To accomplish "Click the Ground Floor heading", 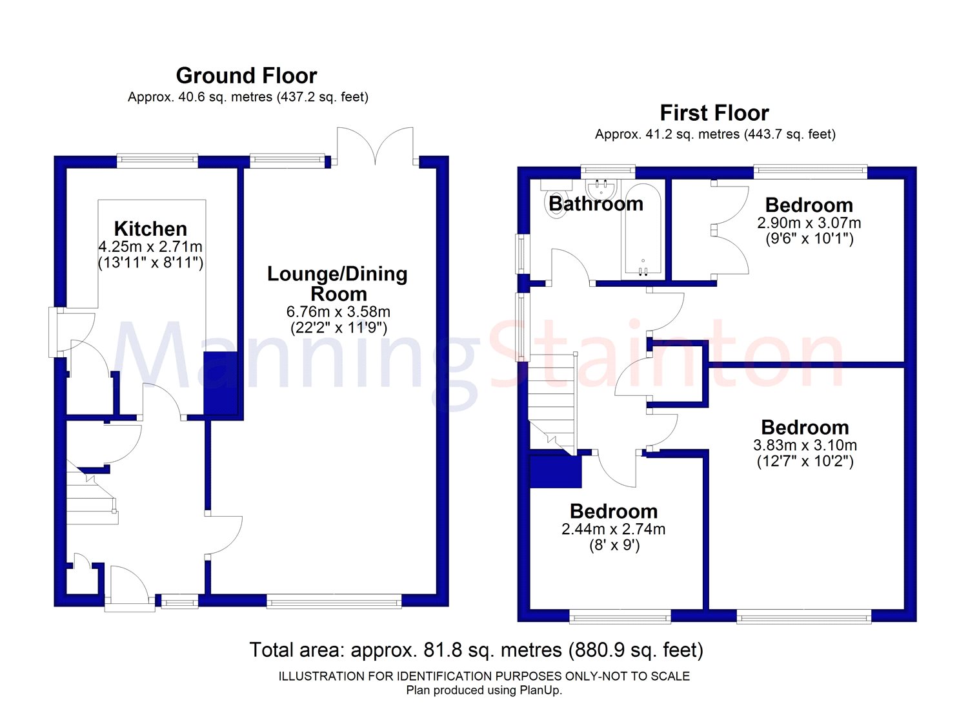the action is pyautogui.click(x=247, y=76).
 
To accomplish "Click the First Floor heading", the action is pyautogui.click(x=714, y=113).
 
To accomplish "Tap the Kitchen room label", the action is pyautogui.click(x=150, y=229).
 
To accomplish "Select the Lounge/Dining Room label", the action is pyautogui.click(x=338, y=284).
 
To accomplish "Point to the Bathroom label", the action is pyautogui.click(x=596, y=203).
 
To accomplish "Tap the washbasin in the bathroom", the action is pyautogui.click(x=602, y=189).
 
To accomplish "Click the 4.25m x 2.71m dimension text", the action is pyautogui.click(x=150, y=247).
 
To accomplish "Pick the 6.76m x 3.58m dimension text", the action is pyautogui.click(x=338, y=311).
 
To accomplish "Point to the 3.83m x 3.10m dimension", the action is pyautogui.click(x=805, y=445).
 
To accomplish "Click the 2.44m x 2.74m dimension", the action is pyautogui.click(x=613, y=529).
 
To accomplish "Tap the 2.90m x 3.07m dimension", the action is pyautogui.click(x=809, y=223).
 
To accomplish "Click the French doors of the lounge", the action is pyautogui.click(x=375, y=146).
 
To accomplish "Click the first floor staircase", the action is pyautogui.click(x=553, y=404).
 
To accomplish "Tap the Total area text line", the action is pyautogui.click(x=476, y=650).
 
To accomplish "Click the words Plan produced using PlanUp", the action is pyautogui.click(x=484, y=690).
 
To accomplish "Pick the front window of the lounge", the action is pyautogui.click(x=334, y=601).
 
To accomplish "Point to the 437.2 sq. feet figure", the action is pyautogui.click(x=321, y=97).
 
